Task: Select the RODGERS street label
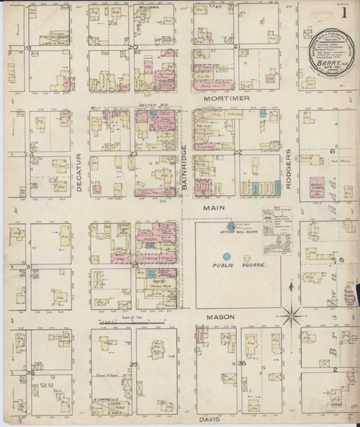click(x=288, y=171)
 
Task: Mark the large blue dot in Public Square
click(x=227, y=256)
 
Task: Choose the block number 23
click(x=133, y=154)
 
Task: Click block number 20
click(x=133, y=48)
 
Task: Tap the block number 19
click(x=29, y=48)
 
